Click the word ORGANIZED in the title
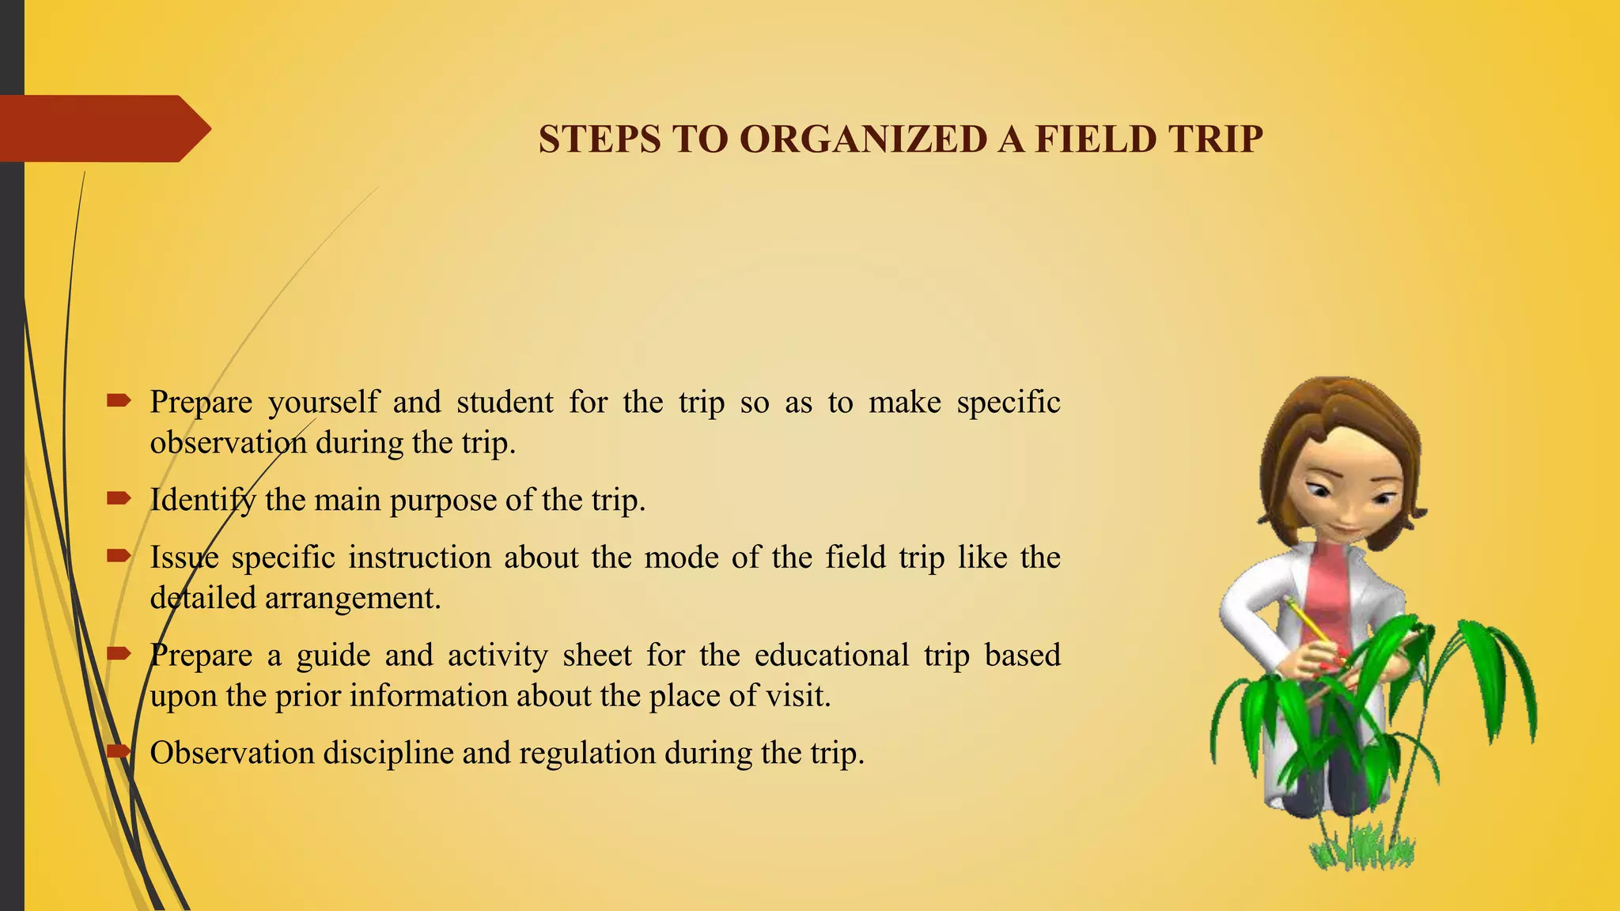[x=863, y=139]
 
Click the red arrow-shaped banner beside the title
[x=103, y=128]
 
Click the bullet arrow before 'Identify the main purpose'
[x=119, y=498]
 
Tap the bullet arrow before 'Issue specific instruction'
[x=119, y=556]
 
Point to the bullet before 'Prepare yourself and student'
[x=119, y=401]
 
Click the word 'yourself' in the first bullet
[x=323, y=403]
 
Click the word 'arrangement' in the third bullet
[x=351, y=599]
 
